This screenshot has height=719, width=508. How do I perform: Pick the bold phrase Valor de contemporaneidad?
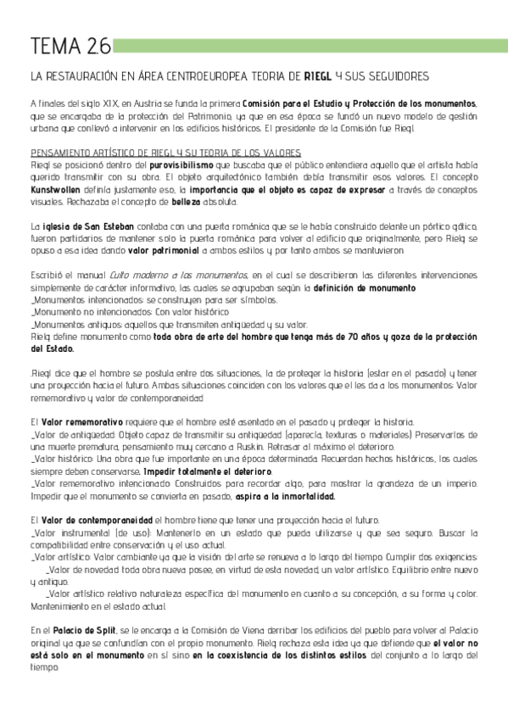point(97,520)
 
